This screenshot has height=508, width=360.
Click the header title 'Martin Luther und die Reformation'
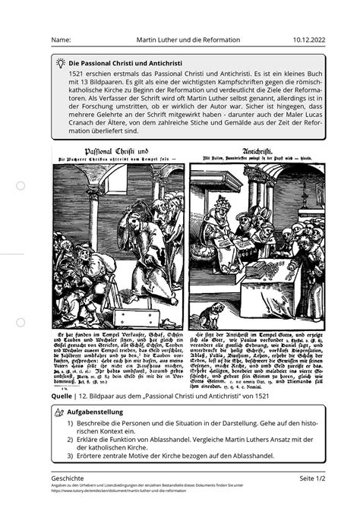(x=188, y=39)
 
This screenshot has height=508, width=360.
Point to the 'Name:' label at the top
(x=60, y=39)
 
